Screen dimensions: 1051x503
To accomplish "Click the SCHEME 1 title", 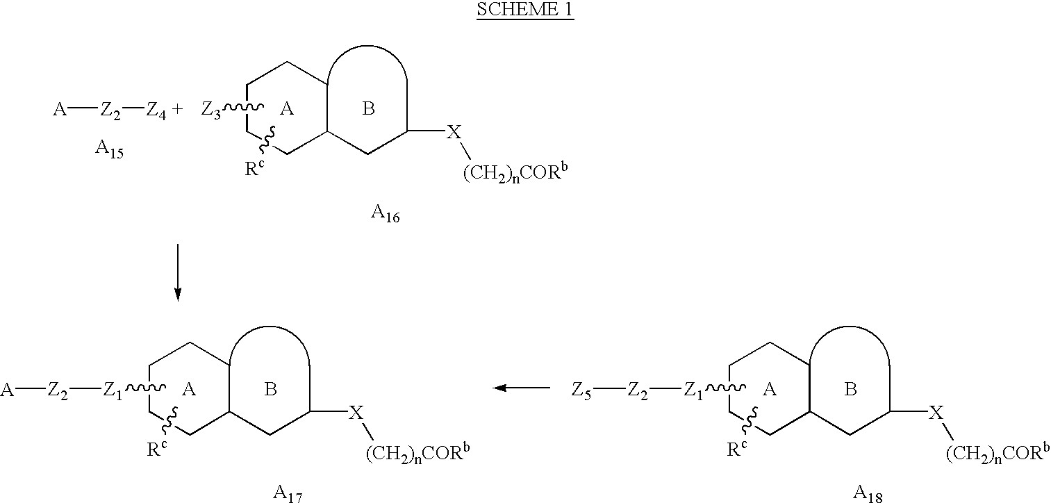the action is (x=525, y=10).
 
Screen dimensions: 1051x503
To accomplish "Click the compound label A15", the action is (x=109, y=149).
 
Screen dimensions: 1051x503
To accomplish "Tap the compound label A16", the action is (x=386, y=213).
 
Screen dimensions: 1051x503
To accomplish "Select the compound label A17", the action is (x=288, y=493).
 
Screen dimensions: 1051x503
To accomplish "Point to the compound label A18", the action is (x=868, y=493).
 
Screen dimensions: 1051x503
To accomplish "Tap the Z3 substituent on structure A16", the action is (x=210, y=110).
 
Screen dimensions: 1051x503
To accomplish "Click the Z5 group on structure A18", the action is (x=581, y=390).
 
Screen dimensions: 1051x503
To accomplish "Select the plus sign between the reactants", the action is (x=177, y=110).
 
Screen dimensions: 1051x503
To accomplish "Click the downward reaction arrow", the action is (x=177, y=272).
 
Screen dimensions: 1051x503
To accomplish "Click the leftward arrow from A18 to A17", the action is (x=521, y=388).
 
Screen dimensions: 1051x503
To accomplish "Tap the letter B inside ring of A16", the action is (x=368, y=109).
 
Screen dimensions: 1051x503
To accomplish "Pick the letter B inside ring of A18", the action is (x=850, y=389).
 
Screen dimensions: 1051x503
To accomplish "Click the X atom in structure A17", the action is (x=356, y=413).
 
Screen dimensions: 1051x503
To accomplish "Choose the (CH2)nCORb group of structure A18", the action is (x=997, y=453).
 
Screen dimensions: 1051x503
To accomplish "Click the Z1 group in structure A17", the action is (x=113, y=390).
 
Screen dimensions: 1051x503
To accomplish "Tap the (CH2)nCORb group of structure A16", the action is (x=515, y=173).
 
